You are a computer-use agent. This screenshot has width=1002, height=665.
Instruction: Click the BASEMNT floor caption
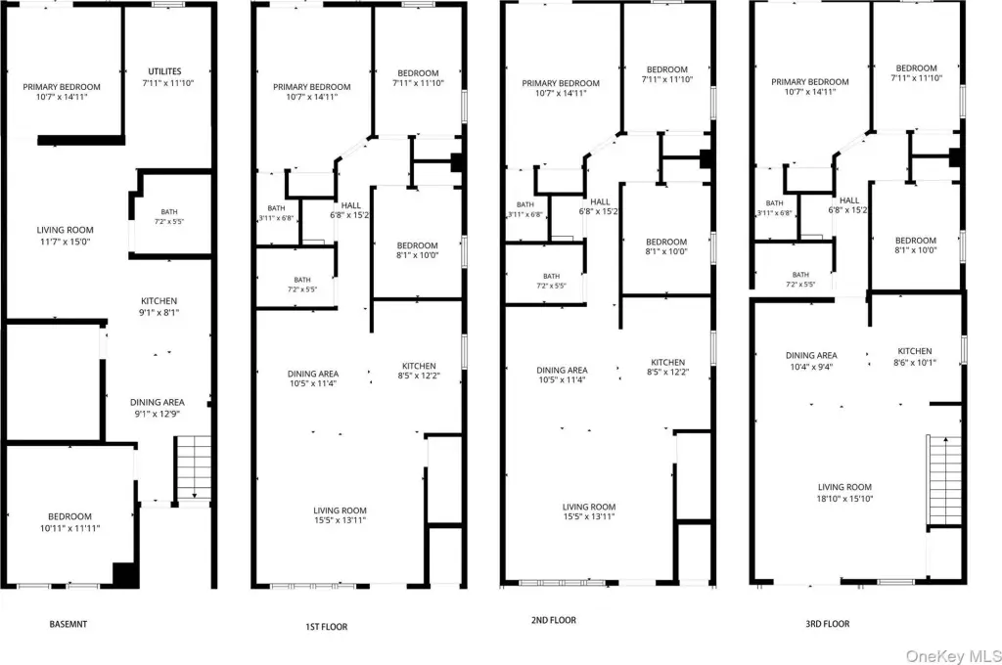(68, 624)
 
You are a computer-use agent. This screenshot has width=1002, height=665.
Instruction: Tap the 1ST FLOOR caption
(327, 627)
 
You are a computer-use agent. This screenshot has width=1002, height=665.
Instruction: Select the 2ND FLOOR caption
(554, 620)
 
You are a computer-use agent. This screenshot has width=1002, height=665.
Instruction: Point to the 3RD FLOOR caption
(828, 624)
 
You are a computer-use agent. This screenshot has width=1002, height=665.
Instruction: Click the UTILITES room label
(164, 71)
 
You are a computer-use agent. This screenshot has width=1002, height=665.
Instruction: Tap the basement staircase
(193, 467)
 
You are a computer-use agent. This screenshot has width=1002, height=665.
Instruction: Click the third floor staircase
(944, 481)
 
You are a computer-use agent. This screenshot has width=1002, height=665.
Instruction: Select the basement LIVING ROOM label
(65, 230)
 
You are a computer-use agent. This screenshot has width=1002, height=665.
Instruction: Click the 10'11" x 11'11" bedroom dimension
(69, 528)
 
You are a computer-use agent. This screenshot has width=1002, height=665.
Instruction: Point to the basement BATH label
(169, 212)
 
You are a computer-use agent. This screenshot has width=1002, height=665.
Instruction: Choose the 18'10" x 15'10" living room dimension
(844, 499)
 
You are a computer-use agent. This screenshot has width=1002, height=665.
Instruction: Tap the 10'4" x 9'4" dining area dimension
(811, 368)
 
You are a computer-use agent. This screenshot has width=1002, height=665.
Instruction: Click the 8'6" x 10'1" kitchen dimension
(915, 363)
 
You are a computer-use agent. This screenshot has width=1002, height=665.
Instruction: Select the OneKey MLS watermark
(953, 655)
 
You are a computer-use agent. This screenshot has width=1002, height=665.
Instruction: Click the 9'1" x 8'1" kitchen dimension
(159, 313)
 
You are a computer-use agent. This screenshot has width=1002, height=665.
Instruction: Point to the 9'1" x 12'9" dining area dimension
(158, 414)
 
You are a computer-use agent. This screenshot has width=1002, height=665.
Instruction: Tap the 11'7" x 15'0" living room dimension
(65, 243)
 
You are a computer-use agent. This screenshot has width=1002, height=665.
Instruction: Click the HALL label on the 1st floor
(351, 205)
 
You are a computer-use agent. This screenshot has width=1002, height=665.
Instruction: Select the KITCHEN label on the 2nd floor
(667, 362)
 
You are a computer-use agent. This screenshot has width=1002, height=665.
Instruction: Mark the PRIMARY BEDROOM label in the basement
(62, 87)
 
